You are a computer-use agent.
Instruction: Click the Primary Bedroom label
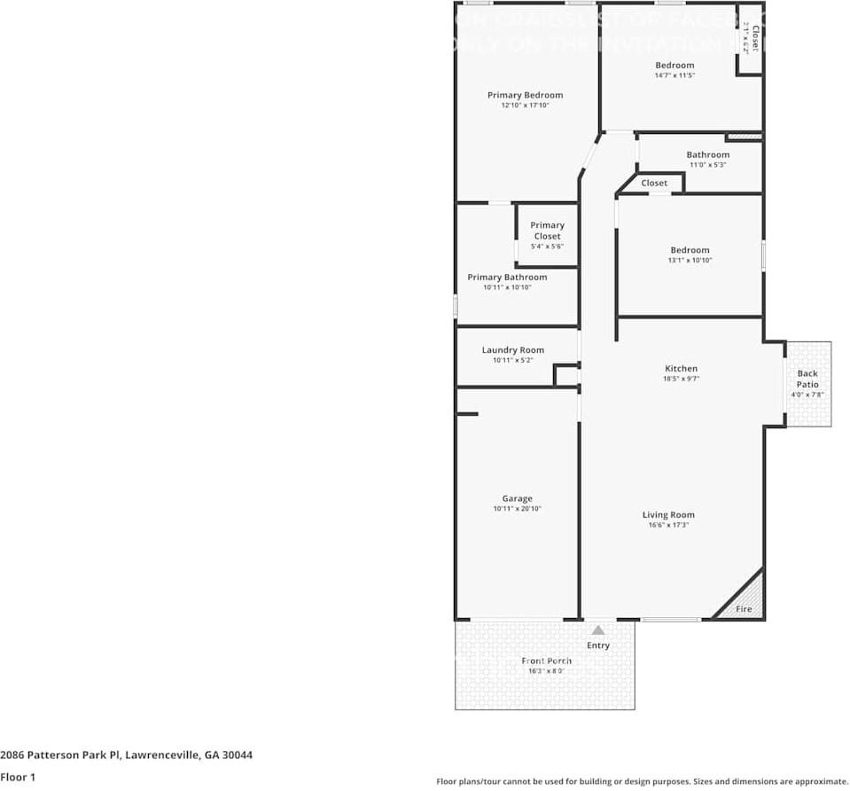pos(525,95)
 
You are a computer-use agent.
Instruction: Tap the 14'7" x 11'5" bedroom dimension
pos(675,75)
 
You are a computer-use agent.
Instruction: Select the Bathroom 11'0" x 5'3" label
pos(707,155)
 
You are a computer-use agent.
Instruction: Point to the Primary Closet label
pos(547,231)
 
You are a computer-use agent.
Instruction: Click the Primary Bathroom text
pos(507,278)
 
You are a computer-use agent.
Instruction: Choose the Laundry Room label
pos(512,350)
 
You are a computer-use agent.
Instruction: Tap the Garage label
pos(517,498)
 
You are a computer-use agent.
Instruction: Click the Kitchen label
pos(681,368)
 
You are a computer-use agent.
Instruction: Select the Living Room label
pos(668,514)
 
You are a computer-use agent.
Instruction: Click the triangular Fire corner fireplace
pos(747,601)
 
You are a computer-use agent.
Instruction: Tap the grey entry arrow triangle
pos(598,630)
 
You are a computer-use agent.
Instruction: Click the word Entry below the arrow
pos(598,645)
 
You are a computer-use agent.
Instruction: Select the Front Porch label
pos(546,661)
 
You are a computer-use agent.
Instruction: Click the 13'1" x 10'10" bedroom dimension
pos(690,261)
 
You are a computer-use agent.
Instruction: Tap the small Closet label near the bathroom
pos(654,183)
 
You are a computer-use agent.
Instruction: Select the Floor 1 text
pos(18,777)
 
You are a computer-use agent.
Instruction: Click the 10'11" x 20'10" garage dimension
pos(517,509)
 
